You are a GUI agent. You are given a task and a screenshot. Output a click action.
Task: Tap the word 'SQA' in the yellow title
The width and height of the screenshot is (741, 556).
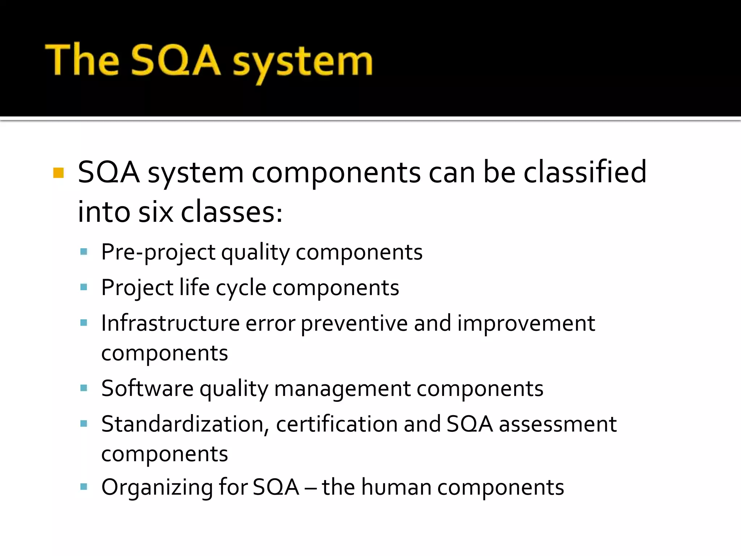[175, 60]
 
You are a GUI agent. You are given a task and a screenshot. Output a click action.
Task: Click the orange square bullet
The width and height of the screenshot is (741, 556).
[58, 173]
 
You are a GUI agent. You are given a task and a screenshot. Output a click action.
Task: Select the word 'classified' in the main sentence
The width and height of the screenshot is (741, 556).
[585, 172]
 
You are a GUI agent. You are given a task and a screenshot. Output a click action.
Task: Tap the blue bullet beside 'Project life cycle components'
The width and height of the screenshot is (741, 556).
[84, 287]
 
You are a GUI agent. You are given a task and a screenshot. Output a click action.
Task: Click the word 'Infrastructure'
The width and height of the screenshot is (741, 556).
[170, 323]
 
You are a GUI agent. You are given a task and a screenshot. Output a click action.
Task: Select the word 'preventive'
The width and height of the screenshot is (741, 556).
[354, 324]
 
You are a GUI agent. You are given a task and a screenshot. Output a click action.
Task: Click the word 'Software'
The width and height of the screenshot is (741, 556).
[147, 388]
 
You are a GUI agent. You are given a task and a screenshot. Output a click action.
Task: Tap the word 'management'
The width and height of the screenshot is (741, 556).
[342, 389]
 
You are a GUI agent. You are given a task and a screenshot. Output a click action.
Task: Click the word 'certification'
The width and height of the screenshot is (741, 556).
[336, 424]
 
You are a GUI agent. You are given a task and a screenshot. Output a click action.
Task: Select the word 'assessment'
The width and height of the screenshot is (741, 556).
[558, 424]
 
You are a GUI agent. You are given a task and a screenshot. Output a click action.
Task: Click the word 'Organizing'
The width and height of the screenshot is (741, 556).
[157, 488]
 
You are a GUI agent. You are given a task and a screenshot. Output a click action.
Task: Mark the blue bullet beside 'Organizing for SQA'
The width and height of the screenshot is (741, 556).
[84, 486]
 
